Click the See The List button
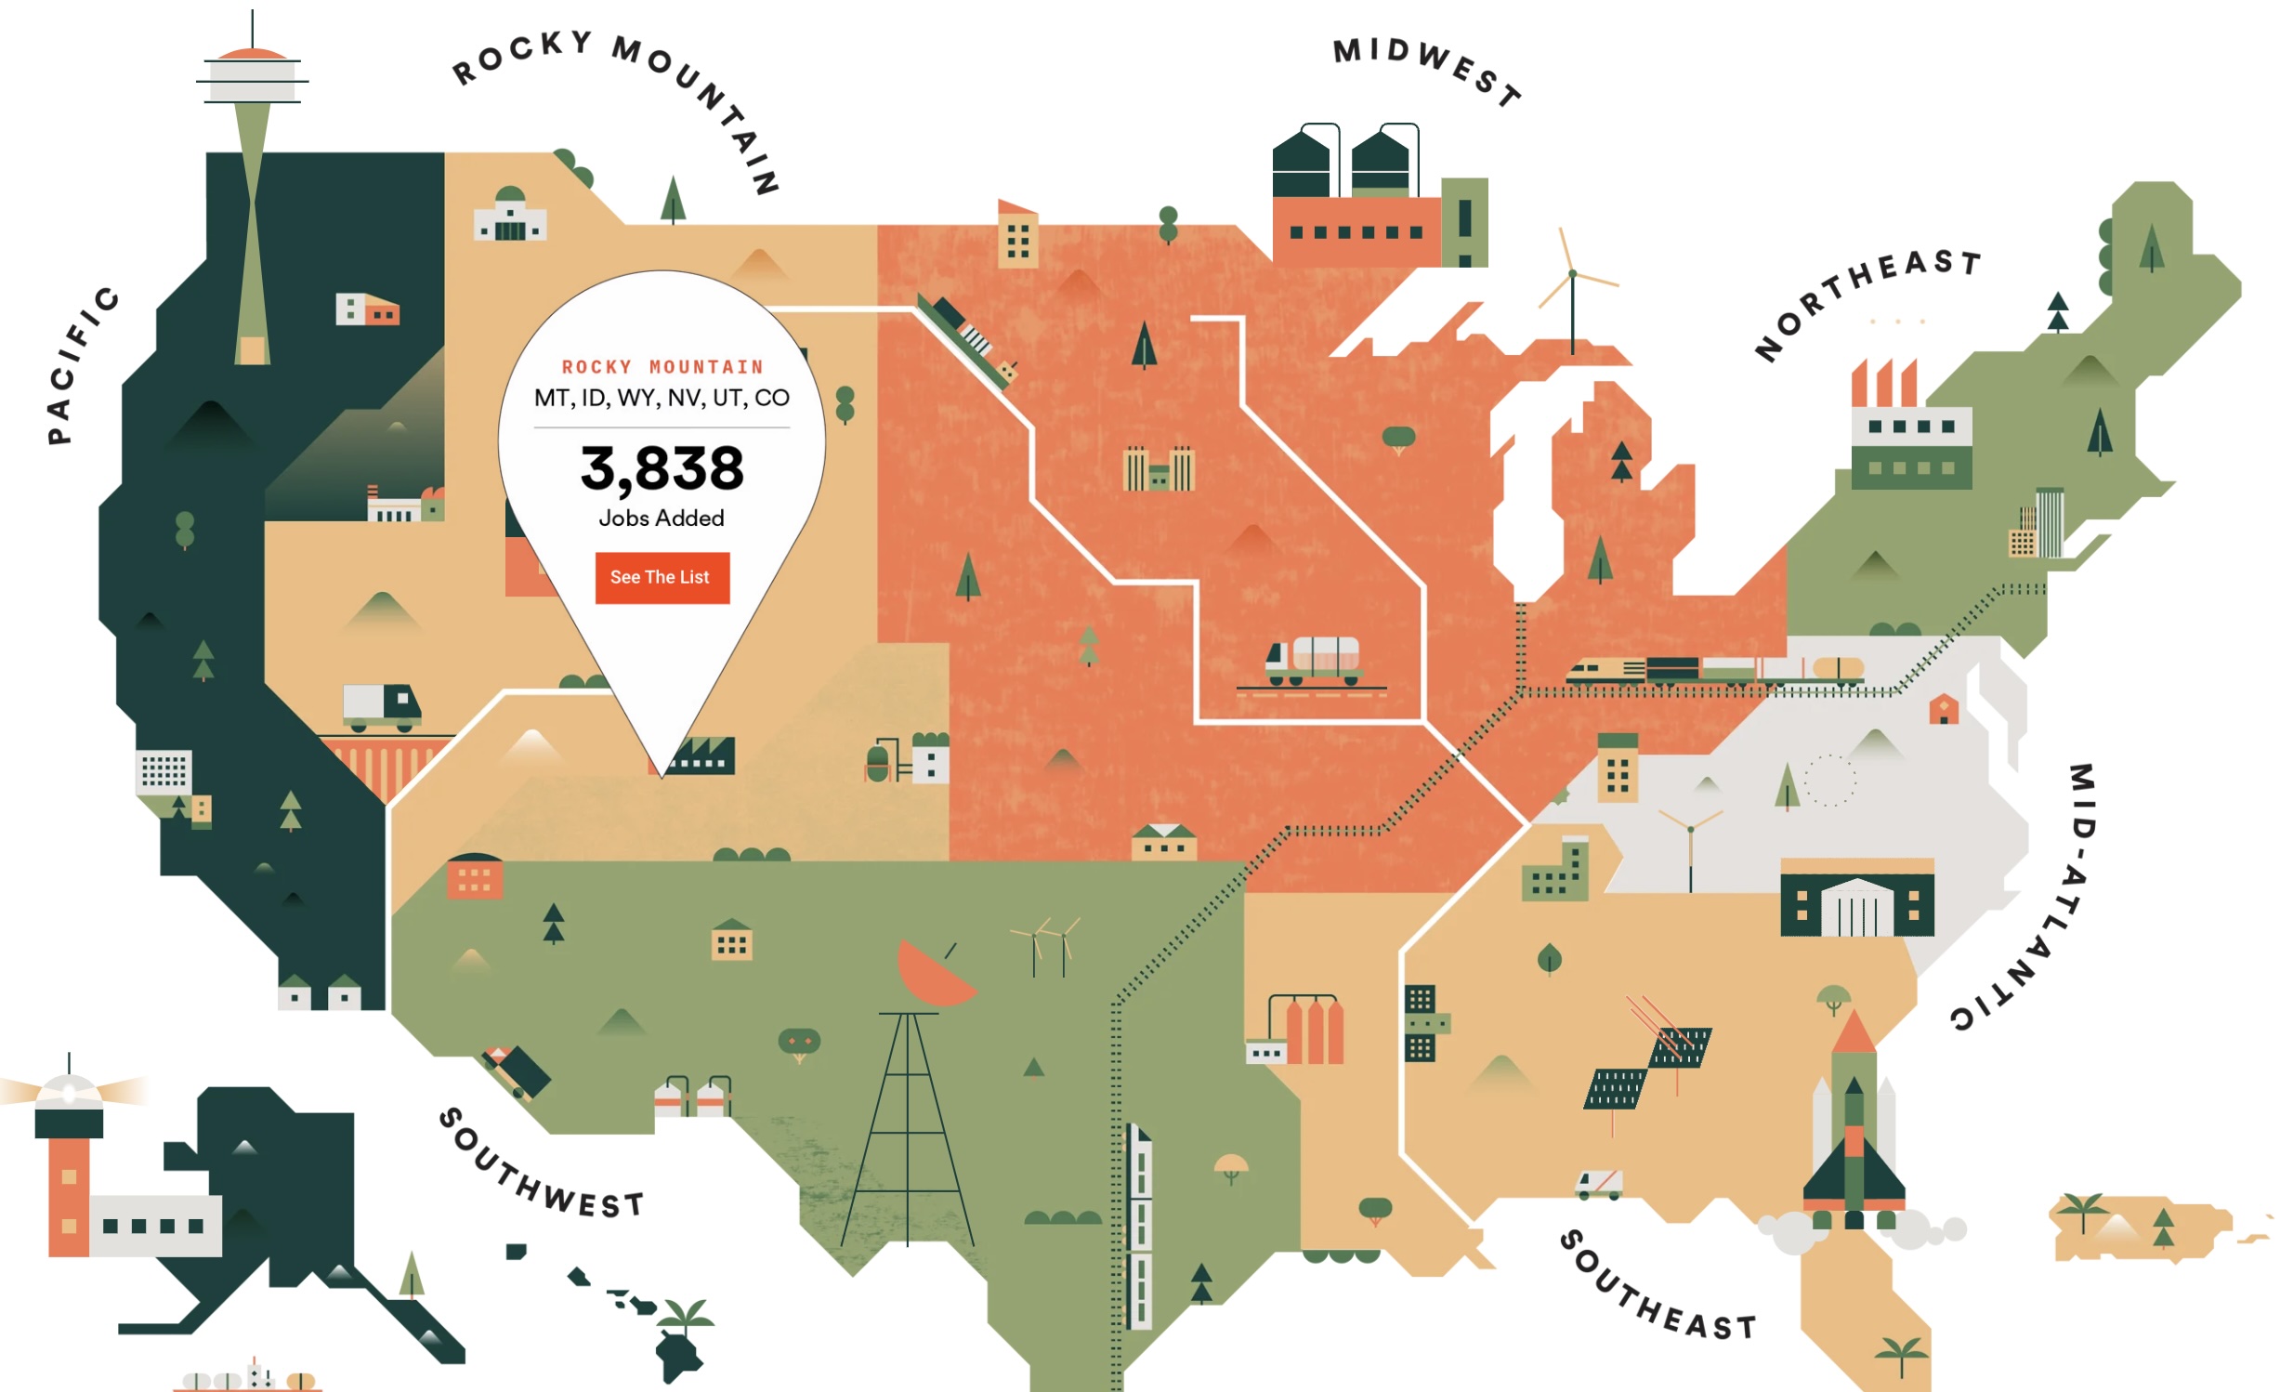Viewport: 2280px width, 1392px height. point(662,577)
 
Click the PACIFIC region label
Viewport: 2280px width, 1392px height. point(82,364)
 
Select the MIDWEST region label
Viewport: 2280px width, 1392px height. point(1426,69)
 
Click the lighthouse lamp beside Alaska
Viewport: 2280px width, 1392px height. point(68,1092)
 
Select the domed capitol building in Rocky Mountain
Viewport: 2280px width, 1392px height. point(510,216)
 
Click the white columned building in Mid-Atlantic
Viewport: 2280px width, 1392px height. point(1856,909)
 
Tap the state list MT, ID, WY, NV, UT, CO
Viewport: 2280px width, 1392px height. point(662,398)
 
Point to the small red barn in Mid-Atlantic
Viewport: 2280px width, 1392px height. point(1943,710)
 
